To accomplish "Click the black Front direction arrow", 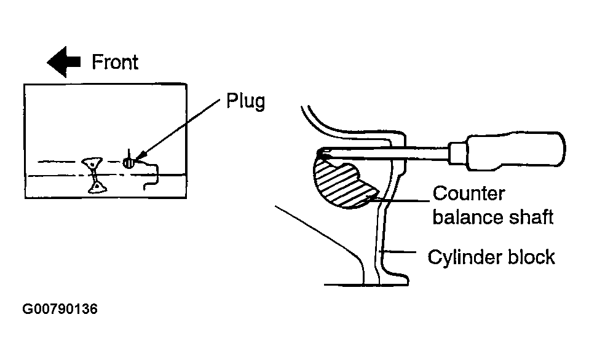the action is pyautogui.click(x=63, y=62).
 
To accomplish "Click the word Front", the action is pyautogui.click(x=116, y=62).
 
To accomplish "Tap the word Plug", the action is pyautogui.click(x=246, y=101).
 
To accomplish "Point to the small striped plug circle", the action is pyautogui.click(x=128, y=163).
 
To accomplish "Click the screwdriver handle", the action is pyautogui.click(x=515, y=151).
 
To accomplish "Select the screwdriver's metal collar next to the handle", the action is pyautogui.click(x=458, y=153).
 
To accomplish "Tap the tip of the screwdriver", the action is pyautogui.click(x=319, y=153).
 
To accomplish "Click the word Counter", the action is pyautogui.click(x=468, y=194).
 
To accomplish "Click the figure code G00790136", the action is pyautogui.click(x=60, y=309).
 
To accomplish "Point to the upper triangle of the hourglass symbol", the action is pyautogui.click(x=92, y=163).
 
